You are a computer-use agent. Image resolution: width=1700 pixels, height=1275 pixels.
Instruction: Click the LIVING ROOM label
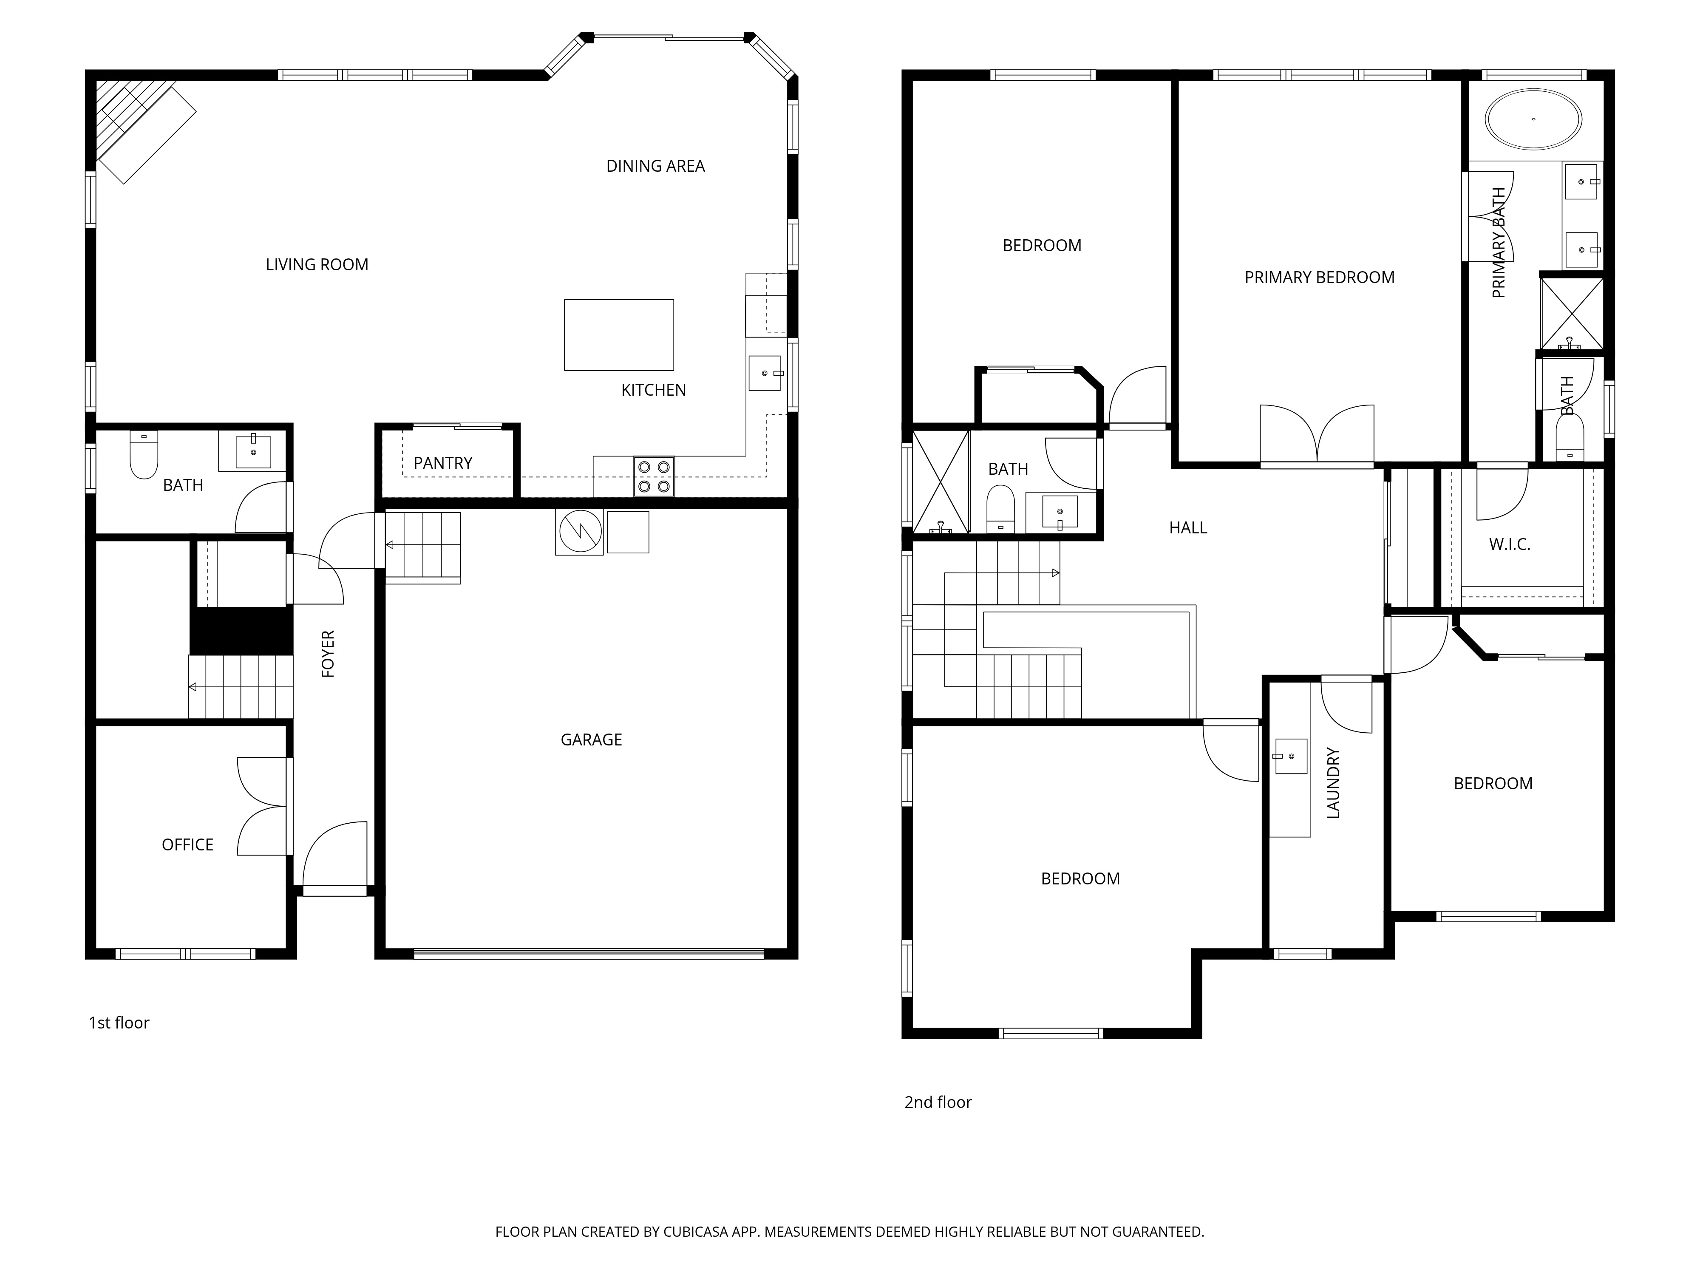click(x=317, y=264)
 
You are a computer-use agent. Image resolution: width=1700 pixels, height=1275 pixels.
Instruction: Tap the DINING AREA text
click(x=655, y=166)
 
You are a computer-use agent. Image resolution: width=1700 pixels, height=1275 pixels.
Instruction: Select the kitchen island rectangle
click(x=619, y=335)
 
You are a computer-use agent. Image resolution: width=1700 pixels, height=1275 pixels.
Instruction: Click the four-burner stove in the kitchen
click(x=653, y=476)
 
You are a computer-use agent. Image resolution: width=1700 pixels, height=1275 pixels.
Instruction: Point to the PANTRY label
click(x=443, y=463)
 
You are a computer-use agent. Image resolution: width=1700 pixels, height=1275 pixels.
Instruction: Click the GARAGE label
click(x=591, y=739)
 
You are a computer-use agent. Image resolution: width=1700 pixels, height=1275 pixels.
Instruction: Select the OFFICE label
click(x=187, y=844)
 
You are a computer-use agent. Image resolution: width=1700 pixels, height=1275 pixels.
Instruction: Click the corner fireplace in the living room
click(x=138, y=127)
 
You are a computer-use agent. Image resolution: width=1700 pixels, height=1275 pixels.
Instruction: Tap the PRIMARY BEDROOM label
click(x=1320, y=278)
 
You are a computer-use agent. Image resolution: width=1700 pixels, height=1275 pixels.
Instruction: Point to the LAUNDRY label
click(x=1333, y=783)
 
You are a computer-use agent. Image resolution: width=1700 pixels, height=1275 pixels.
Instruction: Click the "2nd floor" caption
click(x=938, y=1102)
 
